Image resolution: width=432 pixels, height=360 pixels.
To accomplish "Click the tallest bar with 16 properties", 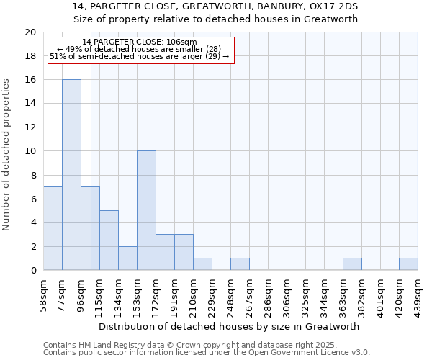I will (71, 175).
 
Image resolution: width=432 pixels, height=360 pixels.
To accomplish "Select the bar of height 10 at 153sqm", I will (146, 211).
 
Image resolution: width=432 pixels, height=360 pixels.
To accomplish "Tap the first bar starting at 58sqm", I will (53, 228).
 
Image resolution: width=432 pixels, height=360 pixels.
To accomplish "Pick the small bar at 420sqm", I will (408, 264).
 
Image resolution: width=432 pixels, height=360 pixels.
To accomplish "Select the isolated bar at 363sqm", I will (352, 264).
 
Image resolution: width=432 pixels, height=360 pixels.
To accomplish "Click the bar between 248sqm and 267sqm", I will (240, 264).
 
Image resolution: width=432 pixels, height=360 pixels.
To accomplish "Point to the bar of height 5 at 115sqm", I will (109, 240).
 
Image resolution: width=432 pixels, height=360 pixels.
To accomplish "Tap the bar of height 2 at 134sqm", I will (127, 258).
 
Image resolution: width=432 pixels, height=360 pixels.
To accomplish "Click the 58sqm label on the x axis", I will (44, 293).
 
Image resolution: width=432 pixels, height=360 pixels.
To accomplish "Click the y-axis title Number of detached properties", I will (6, 155).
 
